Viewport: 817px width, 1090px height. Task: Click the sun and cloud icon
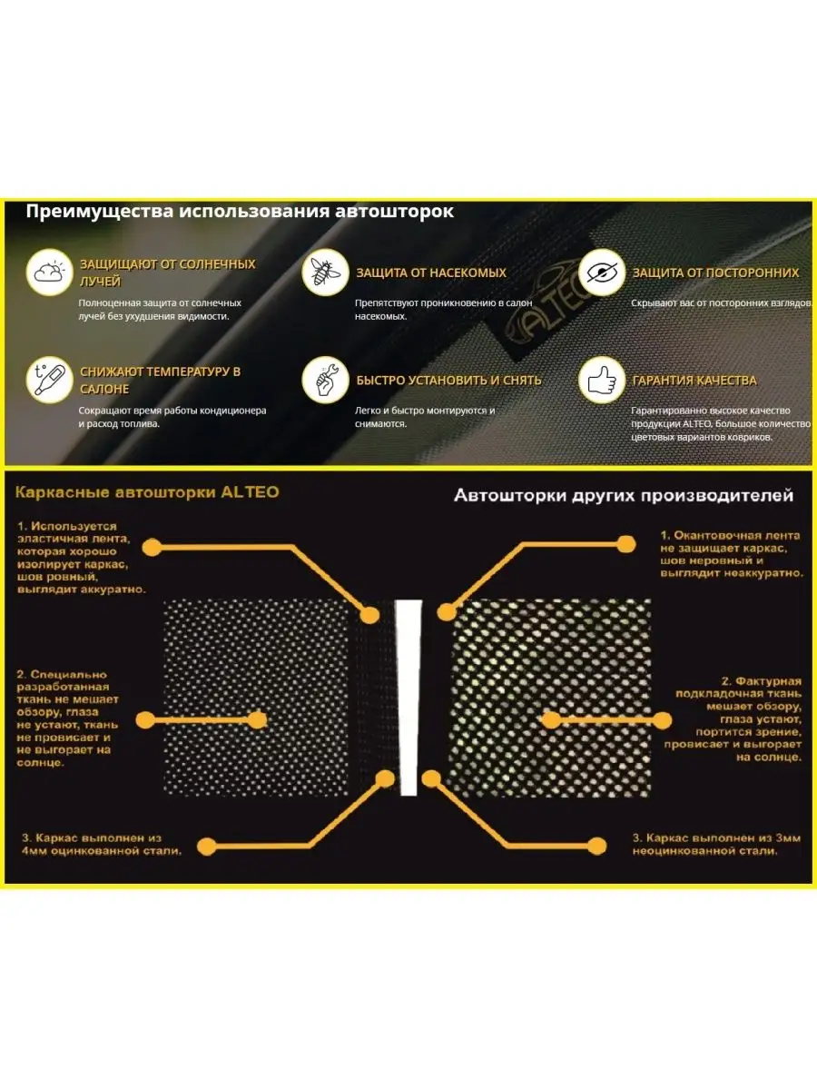[x=50, y=272]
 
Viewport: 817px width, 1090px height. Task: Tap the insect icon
[x=325, y=272]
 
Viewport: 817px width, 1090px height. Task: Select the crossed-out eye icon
[x=602, y=272]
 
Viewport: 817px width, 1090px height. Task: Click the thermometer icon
[x=50, y=380]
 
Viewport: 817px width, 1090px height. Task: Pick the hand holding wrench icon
[x=325, y=380]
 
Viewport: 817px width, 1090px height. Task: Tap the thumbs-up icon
[x=602, y=380]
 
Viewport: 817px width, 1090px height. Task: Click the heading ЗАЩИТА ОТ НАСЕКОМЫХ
[x=431, y=272]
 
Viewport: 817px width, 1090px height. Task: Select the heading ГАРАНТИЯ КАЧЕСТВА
[x=694, y=381]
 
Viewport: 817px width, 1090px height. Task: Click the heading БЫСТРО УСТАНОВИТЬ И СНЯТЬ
[x=448, y=381]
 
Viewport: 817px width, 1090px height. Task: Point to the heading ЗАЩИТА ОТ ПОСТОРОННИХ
[x=716, y=272]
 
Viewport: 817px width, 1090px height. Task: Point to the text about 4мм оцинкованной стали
[x=102, y=844]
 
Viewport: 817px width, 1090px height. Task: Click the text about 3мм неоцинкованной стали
[x=716, y=844]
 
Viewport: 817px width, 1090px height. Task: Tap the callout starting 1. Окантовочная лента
[x=731, y=554]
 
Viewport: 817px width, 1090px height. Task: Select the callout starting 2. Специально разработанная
[x=67, y=718]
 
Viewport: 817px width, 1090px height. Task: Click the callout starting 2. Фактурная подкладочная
[x=733, y=718]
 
